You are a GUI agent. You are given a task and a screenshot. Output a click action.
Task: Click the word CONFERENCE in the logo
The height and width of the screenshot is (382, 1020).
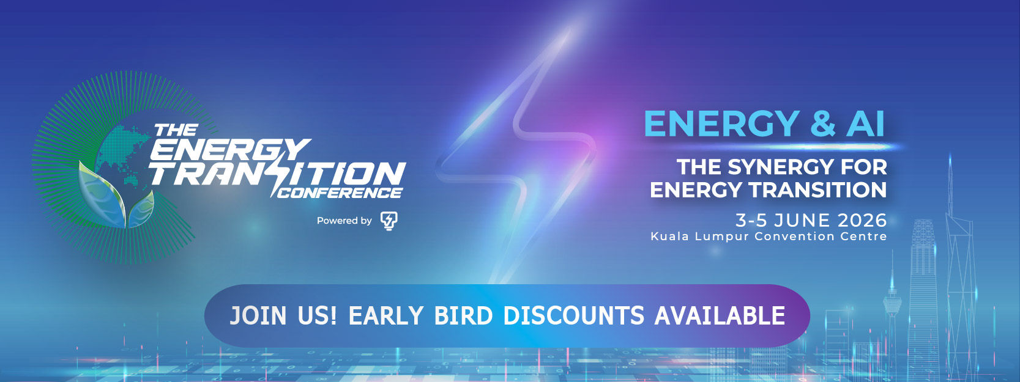(339, 193)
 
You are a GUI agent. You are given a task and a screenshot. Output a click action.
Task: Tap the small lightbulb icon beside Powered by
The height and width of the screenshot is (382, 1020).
(389, 221)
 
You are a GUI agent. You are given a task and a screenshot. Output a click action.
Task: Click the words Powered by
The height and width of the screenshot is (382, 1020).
(344, 221)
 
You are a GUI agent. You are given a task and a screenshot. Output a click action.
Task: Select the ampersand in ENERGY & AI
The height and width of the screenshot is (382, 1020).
(823, 123)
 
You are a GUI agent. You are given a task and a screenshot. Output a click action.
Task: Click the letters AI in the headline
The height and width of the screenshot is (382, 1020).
(865, 123)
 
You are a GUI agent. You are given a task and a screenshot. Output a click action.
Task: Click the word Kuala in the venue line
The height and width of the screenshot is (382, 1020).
(670, 237)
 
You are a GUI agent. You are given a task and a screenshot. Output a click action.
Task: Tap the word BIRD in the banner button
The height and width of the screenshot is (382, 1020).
(464, 315)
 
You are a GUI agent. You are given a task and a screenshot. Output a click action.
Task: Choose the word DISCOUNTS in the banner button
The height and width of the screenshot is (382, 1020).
(574, 315)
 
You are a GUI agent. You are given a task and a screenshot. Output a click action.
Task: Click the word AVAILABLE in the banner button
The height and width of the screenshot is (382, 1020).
(720, 315)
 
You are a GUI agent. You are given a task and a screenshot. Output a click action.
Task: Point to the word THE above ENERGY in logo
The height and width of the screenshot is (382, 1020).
(176, 131)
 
